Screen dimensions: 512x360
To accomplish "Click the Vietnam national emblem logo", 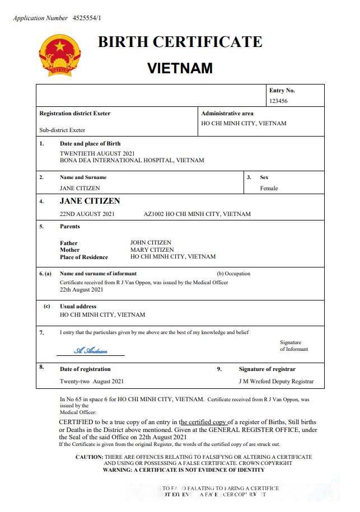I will (x=60, y=55).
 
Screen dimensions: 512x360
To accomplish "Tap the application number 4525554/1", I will (x=87, y=18).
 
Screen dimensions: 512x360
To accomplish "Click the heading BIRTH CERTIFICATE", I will (x=180, y=42).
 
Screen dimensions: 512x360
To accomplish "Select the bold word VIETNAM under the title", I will (x=180, y=68).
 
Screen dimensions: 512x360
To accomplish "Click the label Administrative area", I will (x=227, y=113).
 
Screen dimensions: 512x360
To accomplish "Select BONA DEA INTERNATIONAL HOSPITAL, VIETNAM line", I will (x=132, y=160).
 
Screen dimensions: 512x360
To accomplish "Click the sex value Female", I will (x=269, y=188).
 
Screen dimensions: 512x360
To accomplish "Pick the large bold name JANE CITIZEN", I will (x=90, y=201).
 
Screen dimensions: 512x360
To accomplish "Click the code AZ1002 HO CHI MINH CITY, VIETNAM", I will (x=197, y=214).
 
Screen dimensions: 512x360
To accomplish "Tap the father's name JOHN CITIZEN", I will (x=151, y=243).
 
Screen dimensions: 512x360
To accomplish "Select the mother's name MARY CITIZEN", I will (x=152, y=250).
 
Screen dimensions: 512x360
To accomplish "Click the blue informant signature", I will (x=91, y=351).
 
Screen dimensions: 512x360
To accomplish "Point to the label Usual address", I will (x=78, y=306).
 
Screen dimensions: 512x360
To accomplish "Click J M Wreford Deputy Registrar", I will (x=276, y=382).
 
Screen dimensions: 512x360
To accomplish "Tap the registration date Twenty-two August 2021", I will (x=91, y=382).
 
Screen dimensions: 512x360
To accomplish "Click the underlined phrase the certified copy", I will (x=203, y=422).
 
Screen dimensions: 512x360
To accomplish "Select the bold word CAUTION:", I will (x=89, y=457).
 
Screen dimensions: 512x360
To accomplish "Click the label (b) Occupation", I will (x=233, y=274).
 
